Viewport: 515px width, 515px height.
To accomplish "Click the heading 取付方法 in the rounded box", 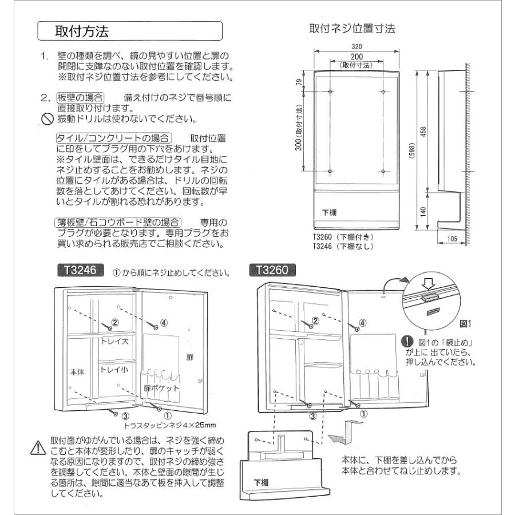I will tap(81, 31).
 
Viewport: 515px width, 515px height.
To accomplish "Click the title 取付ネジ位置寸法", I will tap(352, 28).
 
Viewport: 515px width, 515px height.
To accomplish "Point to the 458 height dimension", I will tap(423, 133).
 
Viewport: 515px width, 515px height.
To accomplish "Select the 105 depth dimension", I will tap(453, 239).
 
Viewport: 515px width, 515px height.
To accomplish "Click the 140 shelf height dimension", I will tap(423, 211).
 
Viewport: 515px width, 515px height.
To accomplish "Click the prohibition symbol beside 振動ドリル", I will tap(46, 120).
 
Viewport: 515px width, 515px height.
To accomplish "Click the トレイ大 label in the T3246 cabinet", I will tap(117, 341).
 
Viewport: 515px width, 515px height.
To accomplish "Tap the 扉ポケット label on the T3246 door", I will tap(161, 387).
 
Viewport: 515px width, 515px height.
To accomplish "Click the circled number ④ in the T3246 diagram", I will tap(164, 322).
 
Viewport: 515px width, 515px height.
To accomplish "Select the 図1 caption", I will tap(464, 323).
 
